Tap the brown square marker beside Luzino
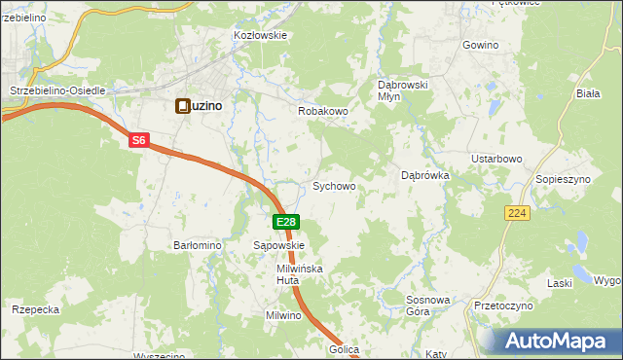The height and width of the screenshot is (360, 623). coord(182,106)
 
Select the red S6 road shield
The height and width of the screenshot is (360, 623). coord(138,140)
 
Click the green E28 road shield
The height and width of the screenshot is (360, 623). coord(285,223)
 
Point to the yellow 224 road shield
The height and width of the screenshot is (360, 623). coord(517,212)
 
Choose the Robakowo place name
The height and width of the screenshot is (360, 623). coord(322,112)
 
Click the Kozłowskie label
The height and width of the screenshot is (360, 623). coord(260,35)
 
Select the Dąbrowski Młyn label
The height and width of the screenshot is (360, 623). coord(403,90)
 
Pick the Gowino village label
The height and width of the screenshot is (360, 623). coord(481,46)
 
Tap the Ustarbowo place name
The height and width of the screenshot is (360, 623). coord(497,159)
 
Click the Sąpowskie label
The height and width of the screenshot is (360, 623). coord(279,246)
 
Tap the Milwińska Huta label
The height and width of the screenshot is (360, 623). coord(299,273)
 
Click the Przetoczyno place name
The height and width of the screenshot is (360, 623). coord(503,306)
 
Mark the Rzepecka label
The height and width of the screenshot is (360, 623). coord(36,309)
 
